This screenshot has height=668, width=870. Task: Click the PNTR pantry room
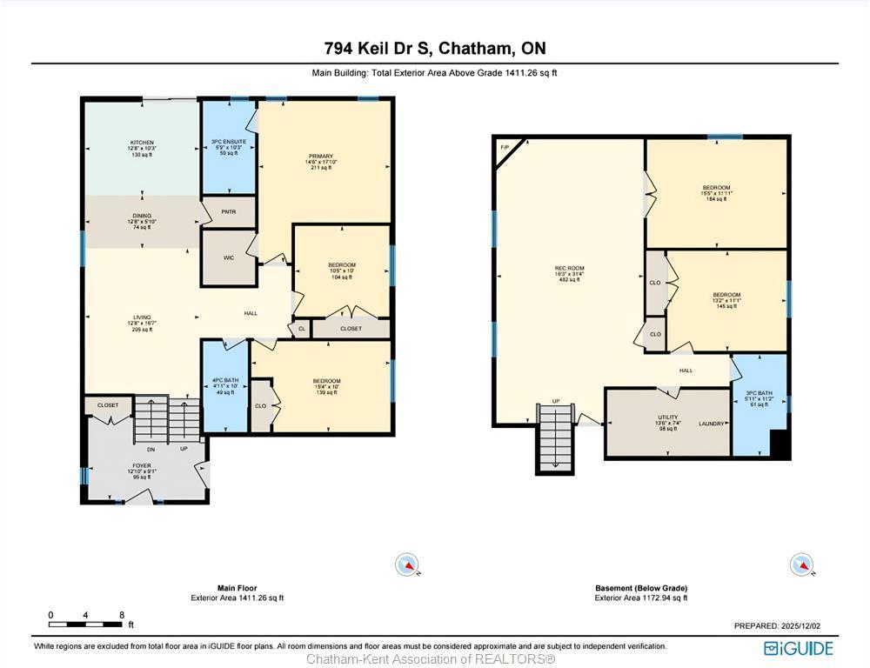[x=229, y=211]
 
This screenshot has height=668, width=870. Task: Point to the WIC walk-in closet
[x=229, y=257]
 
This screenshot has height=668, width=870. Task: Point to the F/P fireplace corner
[x=505, y=148]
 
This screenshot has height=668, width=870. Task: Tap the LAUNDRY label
[x=712, y=424]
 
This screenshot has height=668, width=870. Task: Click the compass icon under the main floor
[x=407, y=564]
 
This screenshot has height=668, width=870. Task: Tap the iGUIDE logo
[x=798, y=648]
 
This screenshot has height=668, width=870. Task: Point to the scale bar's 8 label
[x=121, y=615]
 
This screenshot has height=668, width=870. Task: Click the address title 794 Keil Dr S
[x=435, y=48]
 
